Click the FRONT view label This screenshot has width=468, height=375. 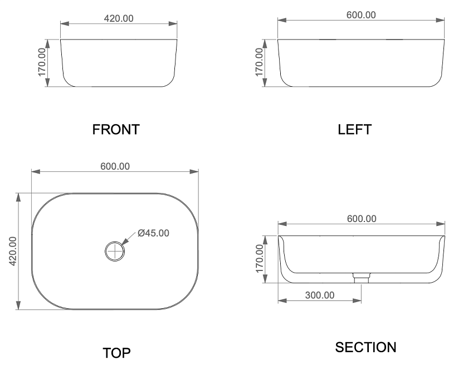click(x=116, y=130)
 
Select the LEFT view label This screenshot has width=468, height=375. click(x=354, y=130)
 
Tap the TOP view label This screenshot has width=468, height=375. click(x=116, y=353)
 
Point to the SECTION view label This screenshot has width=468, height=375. click(x=365, y=347)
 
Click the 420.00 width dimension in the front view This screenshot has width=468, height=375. click(x=119, y=18)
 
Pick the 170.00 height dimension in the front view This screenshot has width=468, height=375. click(x=42, y=62)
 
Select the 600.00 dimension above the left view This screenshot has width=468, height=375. click(x=361, y=15)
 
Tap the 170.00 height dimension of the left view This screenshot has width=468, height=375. click(x=260, y=62)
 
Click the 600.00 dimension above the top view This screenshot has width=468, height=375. click(x=115, y=166)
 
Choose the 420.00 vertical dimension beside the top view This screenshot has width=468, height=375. click(x=13, y=251)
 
